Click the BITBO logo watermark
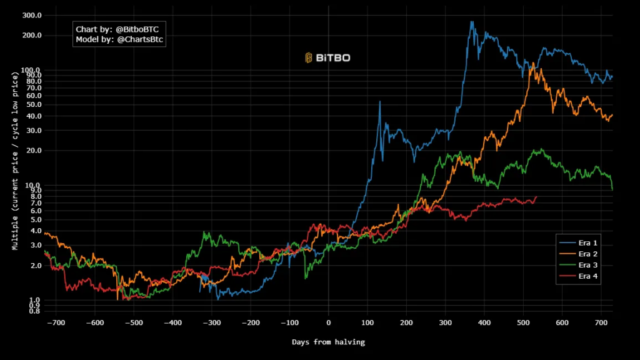pos(327,58)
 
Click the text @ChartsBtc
pos(140,39)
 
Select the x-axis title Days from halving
pos(328,342)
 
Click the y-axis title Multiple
pos(14,161)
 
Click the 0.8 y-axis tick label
pos(36,311)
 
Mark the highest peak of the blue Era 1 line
pos(472,22)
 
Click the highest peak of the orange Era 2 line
pos(532,62)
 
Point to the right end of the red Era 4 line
pos(536,197)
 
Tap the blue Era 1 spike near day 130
pos(379,101)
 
